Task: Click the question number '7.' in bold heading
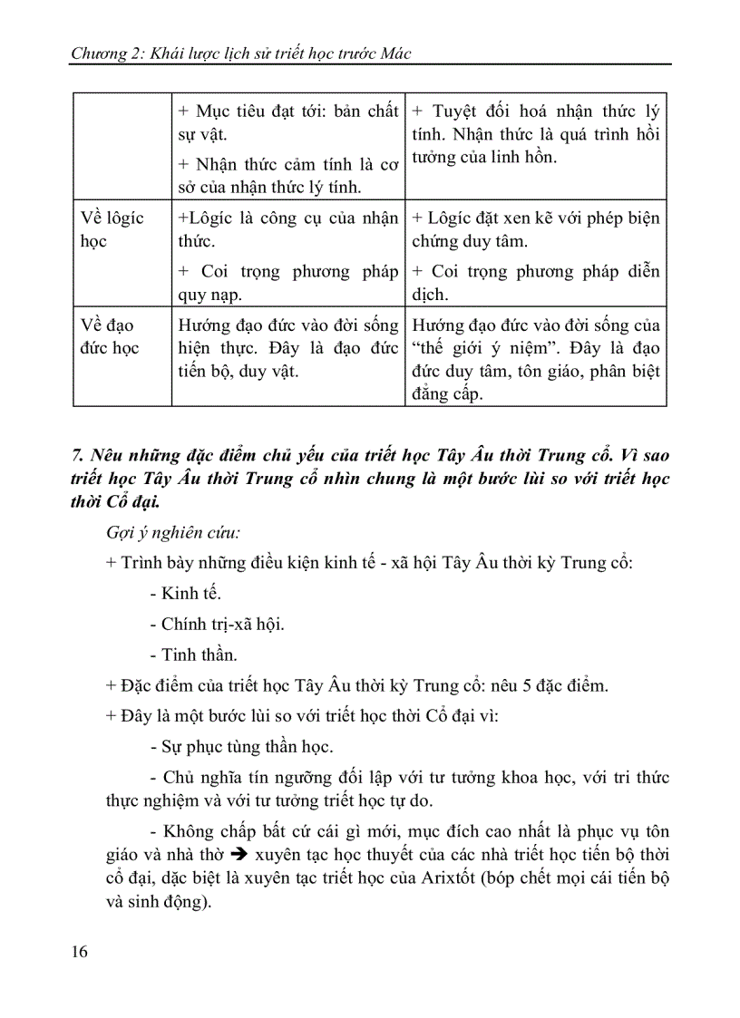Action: point(78,451)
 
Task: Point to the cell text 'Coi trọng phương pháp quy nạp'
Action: point(287,283)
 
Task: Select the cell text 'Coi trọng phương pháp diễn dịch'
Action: point(535,283)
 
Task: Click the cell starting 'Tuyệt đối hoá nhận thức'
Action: point(535,133)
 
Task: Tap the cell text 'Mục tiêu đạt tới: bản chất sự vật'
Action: point(287,122)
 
